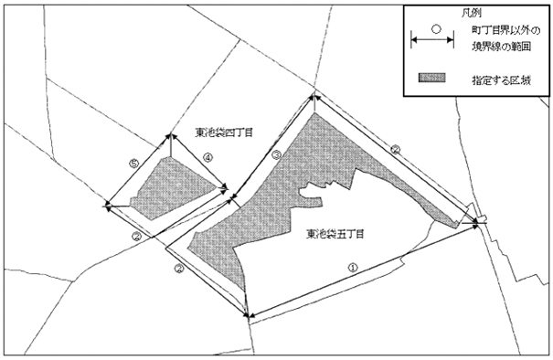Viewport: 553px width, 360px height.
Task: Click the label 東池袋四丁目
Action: [x=224, y=132]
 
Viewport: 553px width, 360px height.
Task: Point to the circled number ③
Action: [x=277, y=156]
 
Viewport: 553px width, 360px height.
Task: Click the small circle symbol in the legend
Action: [x=437, y=27]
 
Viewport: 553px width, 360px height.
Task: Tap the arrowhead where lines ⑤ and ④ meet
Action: [x=172, y=136]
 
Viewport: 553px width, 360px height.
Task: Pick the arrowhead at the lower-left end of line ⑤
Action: [x=109, y=206]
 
